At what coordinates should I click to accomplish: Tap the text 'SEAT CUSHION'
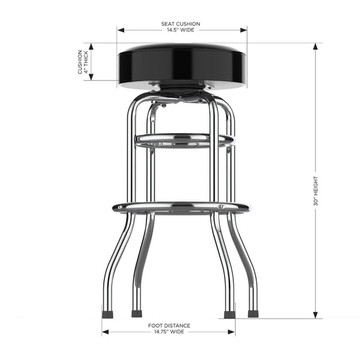[181, 24]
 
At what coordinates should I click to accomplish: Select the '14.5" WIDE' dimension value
[181, 30]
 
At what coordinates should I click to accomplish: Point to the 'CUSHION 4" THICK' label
[83, 62]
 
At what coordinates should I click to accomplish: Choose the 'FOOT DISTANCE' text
[169, 325]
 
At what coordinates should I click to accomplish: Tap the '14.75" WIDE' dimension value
[169, 331]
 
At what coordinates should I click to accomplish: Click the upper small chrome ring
[184, 140]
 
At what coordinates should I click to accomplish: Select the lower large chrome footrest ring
[181, 208]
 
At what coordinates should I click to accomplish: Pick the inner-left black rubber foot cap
[136, 313]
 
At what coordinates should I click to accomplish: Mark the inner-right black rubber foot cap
[229, 314]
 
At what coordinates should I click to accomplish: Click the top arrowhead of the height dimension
[316, 46]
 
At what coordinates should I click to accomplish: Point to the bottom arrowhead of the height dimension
[316, 316]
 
